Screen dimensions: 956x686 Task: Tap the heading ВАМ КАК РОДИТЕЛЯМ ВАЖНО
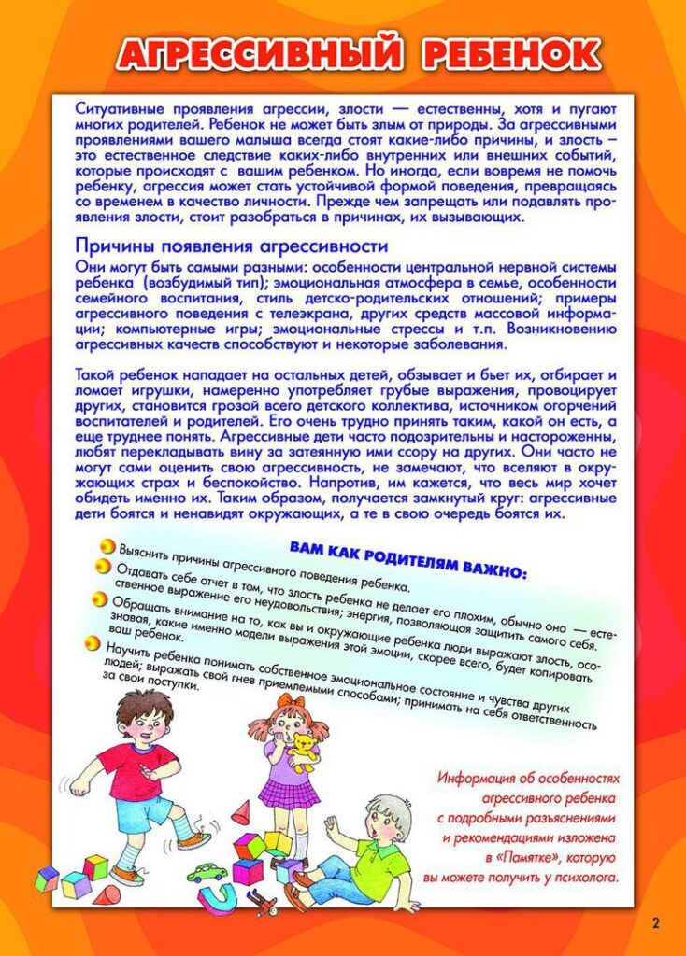(408, 557)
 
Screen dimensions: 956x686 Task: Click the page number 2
(655, 923)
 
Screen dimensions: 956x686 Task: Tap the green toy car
(207, 872)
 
